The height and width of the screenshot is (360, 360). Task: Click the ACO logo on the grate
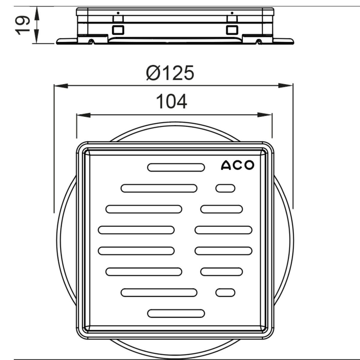pos(237,165)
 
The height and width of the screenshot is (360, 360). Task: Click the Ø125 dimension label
pos(170,73)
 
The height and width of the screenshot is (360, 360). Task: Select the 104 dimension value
pos(171,101)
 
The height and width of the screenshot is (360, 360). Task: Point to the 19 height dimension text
pos(22,25)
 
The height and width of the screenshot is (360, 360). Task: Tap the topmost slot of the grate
pos(176,167)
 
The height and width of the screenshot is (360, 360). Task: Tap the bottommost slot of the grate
pos(176,313)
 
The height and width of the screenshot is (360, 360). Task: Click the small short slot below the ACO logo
pos(225,188)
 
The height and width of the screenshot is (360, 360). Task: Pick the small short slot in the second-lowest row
pos(225,292)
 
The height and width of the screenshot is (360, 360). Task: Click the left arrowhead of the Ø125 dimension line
pos(61,86)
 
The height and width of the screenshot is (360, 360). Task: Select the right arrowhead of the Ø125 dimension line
pos(286,85)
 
